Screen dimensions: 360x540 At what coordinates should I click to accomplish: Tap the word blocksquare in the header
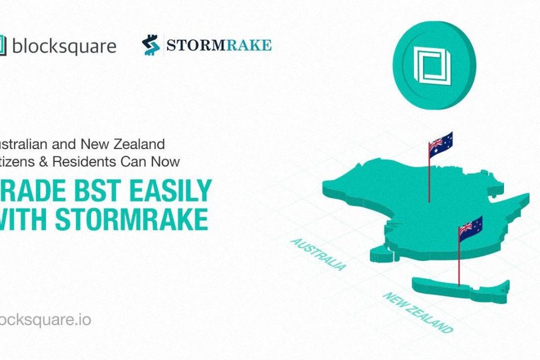point(64,46)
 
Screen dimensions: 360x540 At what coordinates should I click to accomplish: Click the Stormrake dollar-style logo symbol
point(150,46)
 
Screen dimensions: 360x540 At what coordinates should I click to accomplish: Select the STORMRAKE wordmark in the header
point(219,45)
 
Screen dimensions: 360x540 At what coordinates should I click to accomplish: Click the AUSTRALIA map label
point(318,254)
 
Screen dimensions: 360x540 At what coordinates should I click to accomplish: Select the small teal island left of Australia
point(381,256)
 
